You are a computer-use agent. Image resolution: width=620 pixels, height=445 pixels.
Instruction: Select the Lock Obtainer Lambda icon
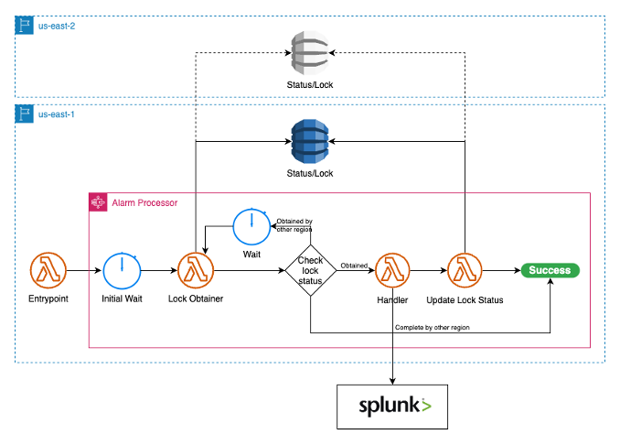pos(194,271)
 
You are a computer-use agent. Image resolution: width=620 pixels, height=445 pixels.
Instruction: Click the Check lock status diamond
pos(310,271)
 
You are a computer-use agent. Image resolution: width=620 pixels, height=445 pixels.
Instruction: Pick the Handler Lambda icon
pos(392,271)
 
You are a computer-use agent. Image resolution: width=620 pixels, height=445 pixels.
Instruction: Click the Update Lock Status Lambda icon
pos(465,271)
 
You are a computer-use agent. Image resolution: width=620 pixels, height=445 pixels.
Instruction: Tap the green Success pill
pos(551,270)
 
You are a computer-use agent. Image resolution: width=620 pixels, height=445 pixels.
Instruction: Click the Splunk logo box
pos(393,406)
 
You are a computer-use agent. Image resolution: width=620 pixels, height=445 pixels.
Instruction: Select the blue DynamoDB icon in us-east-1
pos(310,142)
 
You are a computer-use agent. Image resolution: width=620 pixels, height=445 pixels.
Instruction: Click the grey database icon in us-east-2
pos(310,54)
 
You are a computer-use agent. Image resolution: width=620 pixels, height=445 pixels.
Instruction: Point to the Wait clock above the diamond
pos(251,225)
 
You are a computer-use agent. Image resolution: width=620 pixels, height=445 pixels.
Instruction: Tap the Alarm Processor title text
pos(144,201)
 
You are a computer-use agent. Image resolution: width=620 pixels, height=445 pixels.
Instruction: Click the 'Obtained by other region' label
pos(294,225)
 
